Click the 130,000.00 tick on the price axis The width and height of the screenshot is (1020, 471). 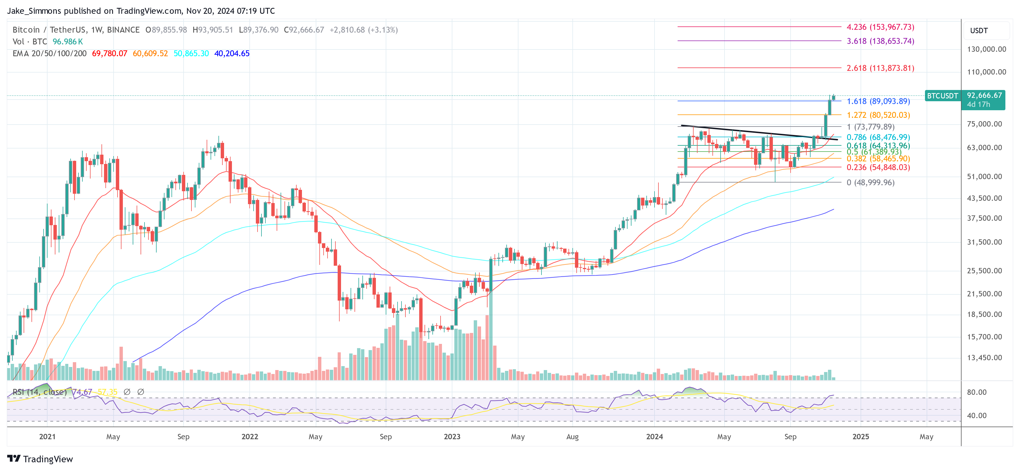coord(986,49)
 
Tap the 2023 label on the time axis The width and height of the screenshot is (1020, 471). coord(452,436)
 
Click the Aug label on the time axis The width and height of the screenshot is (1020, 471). coord(572,436)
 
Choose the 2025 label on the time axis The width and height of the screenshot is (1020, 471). coord(860,436)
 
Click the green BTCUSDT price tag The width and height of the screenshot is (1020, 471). coord(942,96)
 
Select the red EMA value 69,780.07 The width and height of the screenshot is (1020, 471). coord(110,53)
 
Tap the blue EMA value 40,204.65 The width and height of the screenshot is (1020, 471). coord(232,53)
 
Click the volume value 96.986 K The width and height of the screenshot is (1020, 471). coord(68,42)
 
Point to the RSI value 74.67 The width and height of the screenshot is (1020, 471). coord(82,392)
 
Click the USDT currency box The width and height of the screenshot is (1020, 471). coord(979,30)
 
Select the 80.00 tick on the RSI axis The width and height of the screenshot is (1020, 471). coord(976,392)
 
